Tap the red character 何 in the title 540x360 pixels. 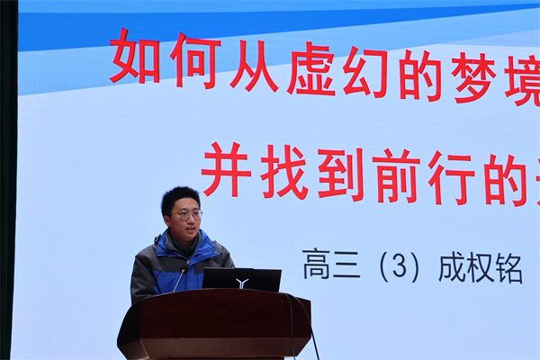tap(193, 60)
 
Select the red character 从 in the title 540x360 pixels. tap(254, 67)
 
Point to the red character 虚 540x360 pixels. tap(311, 72)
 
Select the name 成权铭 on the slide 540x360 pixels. tap(479, 268)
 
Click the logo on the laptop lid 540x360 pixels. tap(241, 282)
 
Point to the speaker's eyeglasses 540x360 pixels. tap(188, 215)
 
